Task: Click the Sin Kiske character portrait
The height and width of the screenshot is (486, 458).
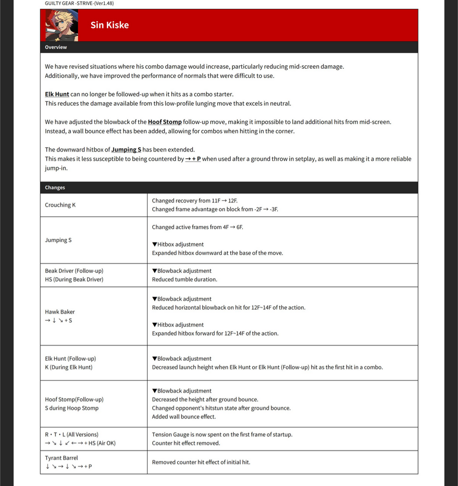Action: tap(61, 25)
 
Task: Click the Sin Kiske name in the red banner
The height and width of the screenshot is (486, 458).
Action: tap(109, 25)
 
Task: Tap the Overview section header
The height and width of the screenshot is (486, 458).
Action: tap(56, 47)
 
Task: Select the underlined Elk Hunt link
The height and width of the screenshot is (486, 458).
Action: tap(57, 94)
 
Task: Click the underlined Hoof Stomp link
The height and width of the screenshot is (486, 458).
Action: tap(165, 122)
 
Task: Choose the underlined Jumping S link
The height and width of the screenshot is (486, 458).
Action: tap(126, 149)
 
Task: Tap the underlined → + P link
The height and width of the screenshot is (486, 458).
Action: tap(193, 159)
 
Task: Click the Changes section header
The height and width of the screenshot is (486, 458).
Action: tap(55, 188)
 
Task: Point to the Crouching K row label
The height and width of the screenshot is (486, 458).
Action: tap(60, 205)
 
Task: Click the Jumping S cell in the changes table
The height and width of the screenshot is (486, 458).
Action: tap(58, 240)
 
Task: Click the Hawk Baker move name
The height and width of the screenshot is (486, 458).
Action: tap(60, 312)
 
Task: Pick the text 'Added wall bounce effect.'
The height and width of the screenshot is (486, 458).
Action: tap(184, 417)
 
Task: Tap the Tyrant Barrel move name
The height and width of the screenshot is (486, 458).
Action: tap(61, 458)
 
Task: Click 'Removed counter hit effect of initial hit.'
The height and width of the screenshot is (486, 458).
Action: tap(201, 462)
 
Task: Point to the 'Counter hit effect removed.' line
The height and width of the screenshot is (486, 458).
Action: tap(186, 443)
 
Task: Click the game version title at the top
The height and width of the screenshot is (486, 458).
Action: tap(79, 3)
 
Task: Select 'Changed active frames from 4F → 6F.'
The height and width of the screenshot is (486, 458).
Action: tap(197, 227)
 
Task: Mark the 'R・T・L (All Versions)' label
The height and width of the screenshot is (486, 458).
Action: tap(72, 435)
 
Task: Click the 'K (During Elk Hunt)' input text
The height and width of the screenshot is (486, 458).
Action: tap(69, 367)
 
